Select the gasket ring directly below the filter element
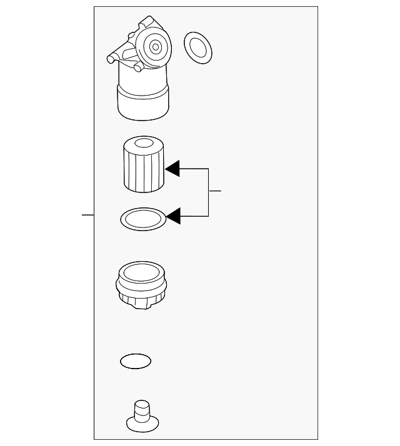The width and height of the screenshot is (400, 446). tap(142, 219)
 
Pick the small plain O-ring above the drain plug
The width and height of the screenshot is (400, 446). tap(136, 361)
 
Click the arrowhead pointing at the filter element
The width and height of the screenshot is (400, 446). tap(172, 169)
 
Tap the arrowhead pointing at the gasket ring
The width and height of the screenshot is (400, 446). tap(172, 216)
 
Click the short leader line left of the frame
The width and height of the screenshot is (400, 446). tap(87, 214)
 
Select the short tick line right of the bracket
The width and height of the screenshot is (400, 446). tap(215, 191)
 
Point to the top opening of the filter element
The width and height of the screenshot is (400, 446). tap(143, 144)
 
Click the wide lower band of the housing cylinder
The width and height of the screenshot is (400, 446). tap(143, 103)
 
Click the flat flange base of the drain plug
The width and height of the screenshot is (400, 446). tap(142, 425)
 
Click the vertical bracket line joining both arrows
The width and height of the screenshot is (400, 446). tap(208, 192)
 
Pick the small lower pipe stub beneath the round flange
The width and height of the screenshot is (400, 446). tap(139, 66)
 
